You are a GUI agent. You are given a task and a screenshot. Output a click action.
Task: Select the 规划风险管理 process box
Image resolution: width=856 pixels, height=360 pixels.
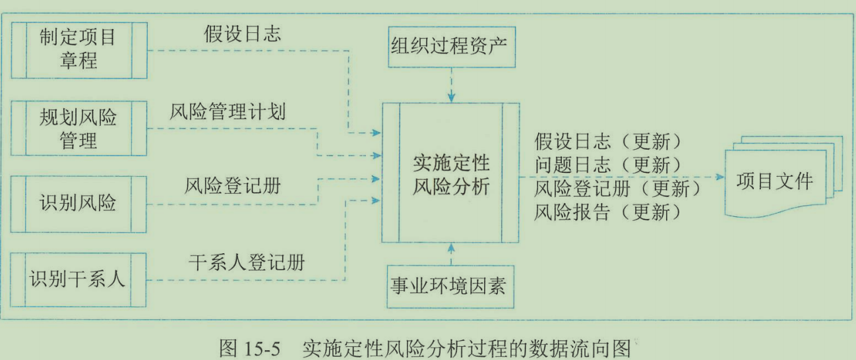coord(79,129)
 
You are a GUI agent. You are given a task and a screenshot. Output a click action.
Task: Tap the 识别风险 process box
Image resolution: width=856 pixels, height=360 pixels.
coord(79,203)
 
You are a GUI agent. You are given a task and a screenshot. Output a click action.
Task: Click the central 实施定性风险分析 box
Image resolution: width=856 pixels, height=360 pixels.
coord(451,173)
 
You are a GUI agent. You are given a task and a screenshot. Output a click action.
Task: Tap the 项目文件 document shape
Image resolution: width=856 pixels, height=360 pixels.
coord(775,181)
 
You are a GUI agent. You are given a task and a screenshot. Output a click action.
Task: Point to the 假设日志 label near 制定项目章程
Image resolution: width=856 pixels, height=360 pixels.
coord(242,34)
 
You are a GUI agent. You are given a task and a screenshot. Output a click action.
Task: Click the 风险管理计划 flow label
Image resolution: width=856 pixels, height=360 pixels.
coord(228,111)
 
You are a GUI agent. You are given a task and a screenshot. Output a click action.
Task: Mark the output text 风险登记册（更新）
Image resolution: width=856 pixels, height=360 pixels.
coord(617,189)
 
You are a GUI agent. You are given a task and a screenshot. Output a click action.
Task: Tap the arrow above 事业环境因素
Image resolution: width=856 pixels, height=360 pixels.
coord(451,250)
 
